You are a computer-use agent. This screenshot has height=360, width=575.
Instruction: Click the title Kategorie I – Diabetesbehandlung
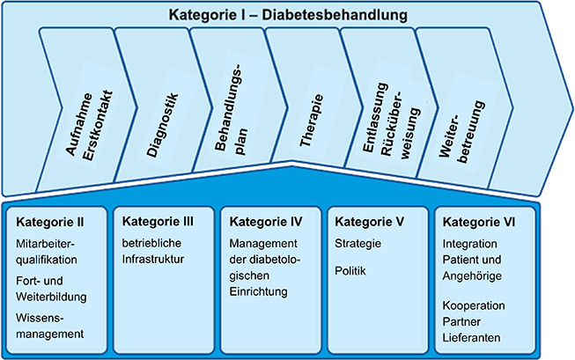tap(288, 15)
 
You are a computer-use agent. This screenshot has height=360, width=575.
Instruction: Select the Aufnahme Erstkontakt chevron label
tap(89, 125)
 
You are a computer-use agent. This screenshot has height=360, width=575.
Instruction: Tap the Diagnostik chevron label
tap(162, 125)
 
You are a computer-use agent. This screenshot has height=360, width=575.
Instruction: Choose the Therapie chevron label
tap(312, 121)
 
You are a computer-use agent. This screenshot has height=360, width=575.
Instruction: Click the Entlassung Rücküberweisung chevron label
tap(391, 121)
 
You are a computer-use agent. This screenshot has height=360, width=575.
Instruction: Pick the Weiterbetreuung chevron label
tap(462, 131)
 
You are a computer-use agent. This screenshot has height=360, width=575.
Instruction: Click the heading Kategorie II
tap(50, 222)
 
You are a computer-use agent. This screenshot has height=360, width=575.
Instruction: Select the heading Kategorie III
tap(158, 222)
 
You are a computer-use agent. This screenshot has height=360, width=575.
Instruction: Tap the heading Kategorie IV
tap(266, 222)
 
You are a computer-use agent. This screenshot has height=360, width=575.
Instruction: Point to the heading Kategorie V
tap(369, 222)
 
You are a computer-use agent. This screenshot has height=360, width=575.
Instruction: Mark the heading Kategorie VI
tap(478, 222)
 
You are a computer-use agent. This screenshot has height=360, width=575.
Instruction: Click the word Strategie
tap(358, 244)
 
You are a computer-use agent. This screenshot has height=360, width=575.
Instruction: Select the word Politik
tap(350, 270)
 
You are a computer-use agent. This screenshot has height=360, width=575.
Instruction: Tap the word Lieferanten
tap(471, 337)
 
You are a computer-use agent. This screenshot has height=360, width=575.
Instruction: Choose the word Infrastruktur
tap(153, 259)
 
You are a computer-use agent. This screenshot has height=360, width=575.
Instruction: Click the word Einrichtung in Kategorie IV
tap(259, 291)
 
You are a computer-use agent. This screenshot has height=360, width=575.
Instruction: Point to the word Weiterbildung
tap(51, 297)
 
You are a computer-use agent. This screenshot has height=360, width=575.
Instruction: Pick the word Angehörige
tap(472, 276)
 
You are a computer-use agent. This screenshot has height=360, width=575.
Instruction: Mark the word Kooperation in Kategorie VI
tap(474, 305)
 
